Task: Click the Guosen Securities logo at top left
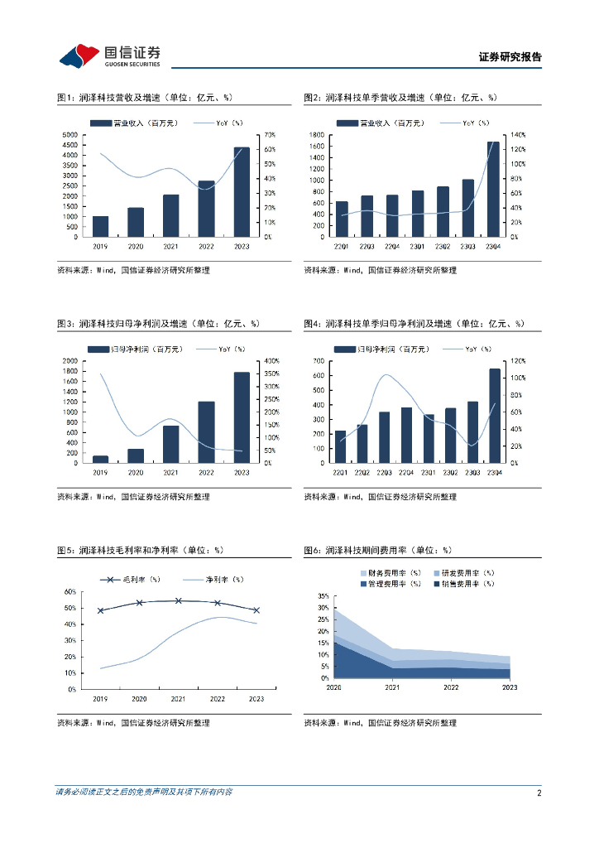[x=109, y=55]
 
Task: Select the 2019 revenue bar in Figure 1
[x=100, y=227]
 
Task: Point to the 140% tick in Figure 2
[x=518, y=134]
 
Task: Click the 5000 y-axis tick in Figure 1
[x=69, y=134]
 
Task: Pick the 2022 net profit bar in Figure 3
[x=206, y=432]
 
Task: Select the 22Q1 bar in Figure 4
[x=340, y=446]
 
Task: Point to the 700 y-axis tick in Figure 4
[x=319, y=361]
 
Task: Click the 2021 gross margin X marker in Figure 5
[x=178, y=600]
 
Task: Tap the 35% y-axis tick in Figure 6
[x=323, y=595]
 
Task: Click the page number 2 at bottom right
[x=539, y=793]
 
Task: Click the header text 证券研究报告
[x=510, y=57]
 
